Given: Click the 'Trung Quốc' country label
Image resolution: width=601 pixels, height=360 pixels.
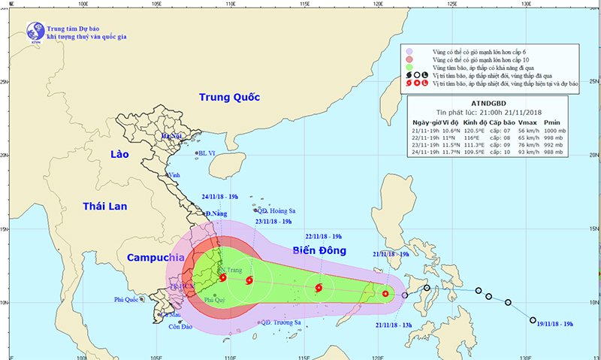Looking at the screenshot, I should [x=229, y=98].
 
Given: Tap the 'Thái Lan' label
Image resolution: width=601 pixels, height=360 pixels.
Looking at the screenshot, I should [x=106, y=206].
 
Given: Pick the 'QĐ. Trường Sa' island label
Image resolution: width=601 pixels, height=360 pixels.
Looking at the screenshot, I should [x=280, y=322].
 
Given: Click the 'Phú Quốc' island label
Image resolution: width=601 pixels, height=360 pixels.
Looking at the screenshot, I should [x=128, y=299].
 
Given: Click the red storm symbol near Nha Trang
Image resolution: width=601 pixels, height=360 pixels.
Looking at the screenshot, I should [x=223, y=278].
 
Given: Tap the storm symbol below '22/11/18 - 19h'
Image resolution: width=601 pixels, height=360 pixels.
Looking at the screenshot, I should [x=319, y=287].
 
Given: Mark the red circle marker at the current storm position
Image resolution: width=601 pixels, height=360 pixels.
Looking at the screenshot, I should [x=386, y=294].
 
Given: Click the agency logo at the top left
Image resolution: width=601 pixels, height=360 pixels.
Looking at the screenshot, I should [x=35, y=31].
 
